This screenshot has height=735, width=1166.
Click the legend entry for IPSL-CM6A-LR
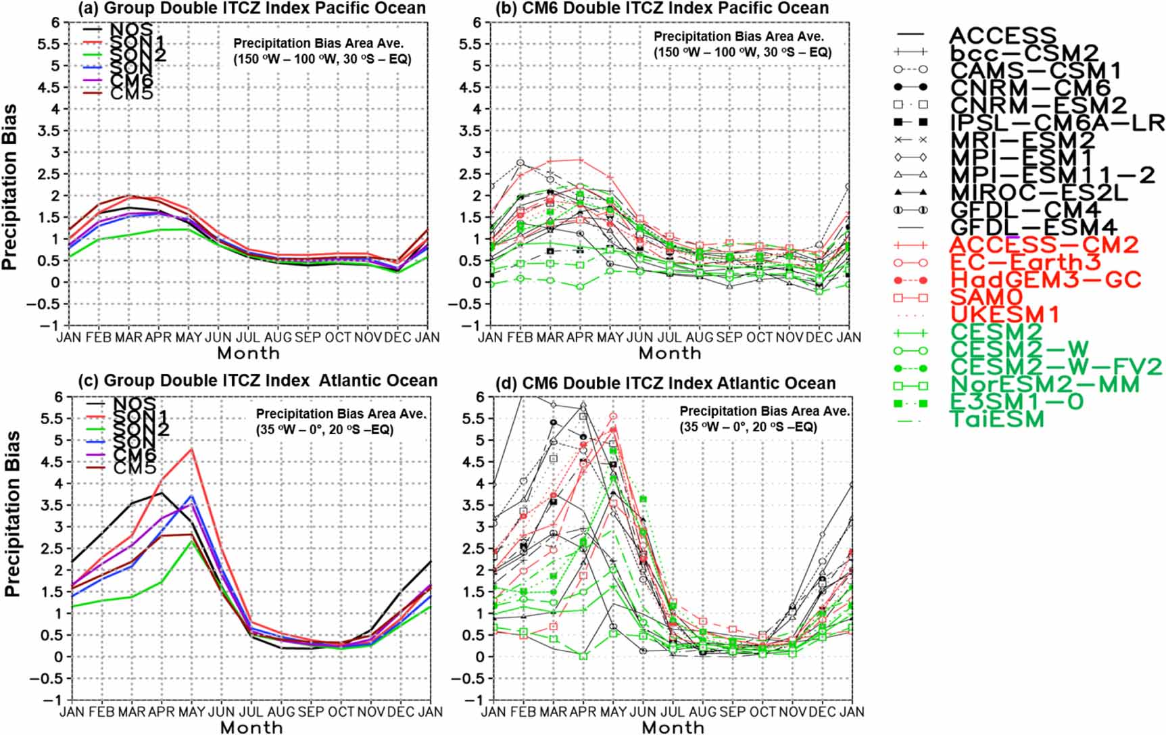[x=1057, y=122]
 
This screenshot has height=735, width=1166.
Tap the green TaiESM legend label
[x=997, y=419]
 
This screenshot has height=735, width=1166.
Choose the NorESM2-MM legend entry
[x=1044, y=384]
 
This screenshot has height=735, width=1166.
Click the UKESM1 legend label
[x=1005, y=314]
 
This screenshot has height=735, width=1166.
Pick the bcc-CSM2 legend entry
[x=1024, y=53]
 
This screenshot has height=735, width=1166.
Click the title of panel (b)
[x=662, y=8]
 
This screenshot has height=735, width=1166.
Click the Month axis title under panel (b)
[x=669, y=353]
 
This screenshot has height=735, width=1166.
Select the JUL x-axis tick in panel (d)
[x=672, y=711]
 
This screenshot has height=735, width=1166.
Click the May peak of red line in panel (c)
[x=192, y=448]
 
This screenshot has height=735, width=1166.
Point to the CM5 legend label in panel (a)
[x=131, y=93]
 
